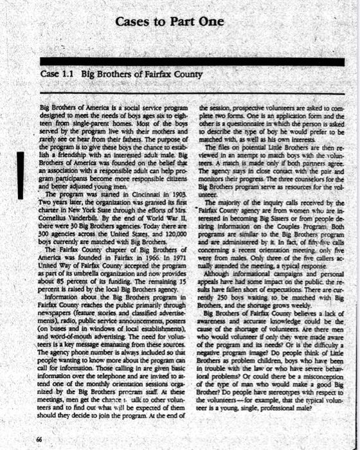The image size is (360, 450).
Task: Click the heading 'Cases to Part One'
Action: coord(170,22)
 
